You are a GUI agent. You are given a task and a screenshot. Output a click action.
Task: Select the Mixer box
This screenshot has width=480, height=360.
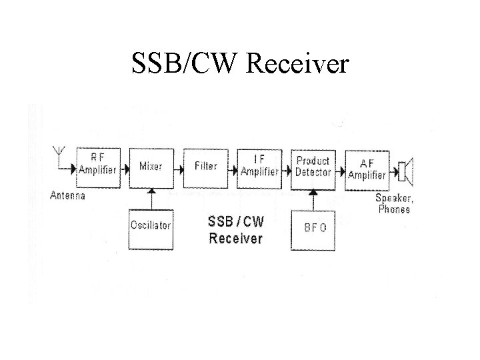[x=151, y=166]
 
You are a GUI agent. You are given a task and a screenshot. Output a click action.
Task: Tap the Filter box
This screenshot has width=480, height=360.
[x=205, y=166]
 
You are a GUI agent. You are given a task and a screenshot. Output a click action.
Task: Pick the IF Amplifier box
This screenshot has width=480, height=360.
[x=259, y=166]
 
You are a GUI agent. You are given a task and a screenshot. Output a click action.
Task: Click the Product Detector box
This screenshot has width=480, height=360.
[x=313, y=166]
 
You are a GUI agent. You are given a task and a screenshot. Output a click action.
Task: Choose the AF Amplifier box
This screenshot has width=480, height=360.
[x=367, y=169]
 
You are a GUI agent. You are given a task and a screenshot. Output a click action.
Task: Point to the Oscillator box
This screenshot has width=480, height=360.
[x=151, y=226]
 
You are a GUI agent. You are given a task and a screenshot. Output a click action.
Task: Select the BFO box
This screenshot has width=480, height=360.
[x=314, y=227]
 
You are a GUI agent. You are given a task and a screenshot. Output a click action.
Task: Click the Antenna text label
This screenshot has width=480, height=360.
[x=67, y=195]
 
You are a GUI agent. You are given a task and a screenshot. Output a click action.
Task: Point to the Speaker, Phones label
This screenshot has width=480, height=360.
[x=393, y=203]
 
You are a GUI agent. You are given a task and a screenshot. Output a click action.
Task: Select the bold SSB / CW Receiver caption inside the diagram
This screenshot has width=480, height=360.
[x=235, y=229]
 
